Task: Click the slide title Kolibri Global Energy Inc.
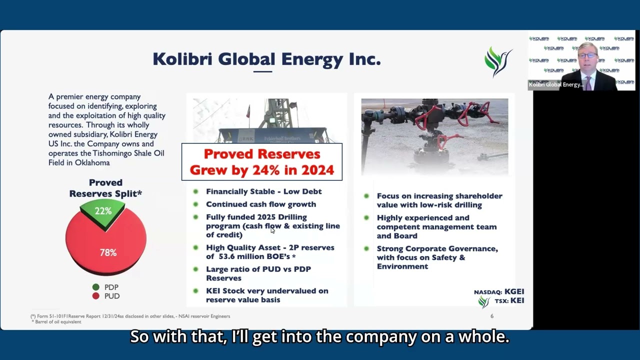[266, 59]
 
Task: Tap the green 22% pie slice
[103, 211]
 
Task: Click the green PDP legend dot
[95, 287]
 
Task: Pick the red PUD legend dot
[95, 296]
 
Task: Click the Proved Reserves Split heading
[105, 188]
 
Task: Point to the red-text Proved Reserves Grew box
[261, 162]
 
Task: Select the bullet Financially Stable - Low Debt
[263, 191]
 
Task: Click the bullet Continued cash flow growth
[260, 204]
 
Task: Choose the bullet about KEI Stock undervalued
[267, 295]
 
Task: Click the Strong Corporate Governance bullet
[437, 257]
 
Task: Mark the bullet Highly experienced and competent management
[436, 226]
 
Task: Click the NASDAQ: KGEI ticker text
[498, 291]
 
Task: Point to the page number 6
[492, 316]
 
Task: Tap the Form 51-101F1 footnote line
[130, 316]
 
